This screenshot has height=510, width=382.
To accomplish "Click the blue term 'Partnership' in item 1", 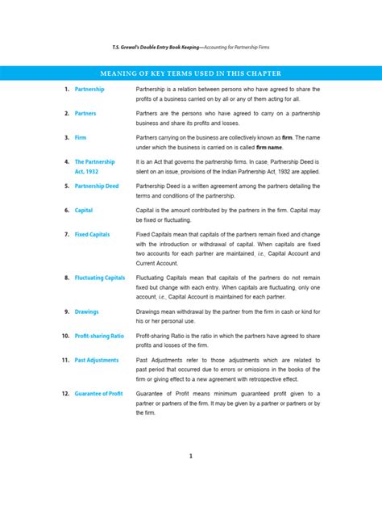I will point(89,89).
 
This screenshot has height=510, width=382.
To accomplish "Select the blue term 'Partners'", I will point(85,114).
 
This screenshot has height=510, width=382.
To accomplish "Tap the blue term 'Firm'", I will point(81,138).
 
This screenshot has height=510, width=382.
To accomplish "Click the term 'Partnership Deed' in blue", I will point(97,186).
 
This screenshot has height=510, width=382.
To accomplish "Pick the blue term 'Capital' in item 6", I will point(84,210).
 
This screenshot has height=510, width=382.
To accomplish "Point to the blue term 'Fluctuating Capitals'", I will point(99,278).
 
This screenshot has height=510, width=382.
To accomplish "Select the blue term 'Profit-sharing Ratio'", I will point(99,335).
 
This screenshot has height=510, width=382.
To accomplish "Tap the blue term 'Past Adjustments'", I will point(96,360).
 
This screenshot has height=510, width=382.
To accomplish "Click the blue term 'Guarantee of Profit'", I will point(98,393).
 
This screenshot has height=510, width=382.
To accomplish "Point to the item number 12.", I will point(64,393).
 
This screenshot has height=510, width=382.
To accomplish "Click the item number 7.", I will point(66,234).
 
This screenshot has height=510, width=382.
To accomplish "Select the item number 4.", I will point(66,161).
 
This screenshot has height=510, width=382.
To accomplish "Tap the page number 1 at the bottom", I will point(191,456).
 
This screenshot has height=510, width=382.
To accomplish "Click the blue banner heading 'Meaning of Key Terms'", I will point(191,70).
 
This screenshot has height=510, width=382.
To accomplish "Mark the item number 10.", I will point(64,335).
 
